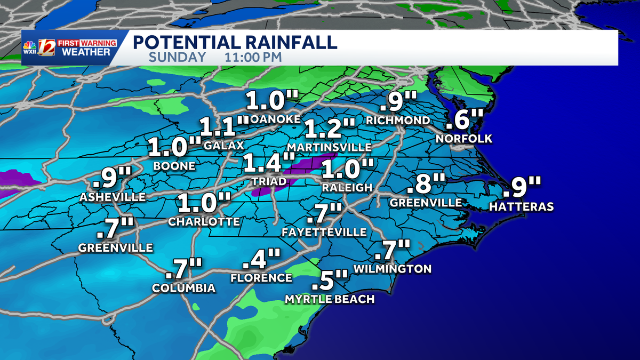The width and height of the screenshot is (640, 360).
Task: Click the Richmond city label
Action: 397,121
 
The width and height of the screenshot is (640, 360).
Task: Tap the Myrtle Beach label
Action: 330,299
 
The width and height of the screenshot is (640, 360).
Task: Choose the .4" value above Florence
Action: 261,260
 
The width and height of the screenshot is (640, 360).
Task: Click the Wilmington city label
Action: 392,268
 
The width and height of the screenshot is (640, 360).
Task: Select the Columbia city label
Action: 183,288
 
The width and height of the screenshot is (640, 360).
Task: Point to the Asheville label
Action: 112,197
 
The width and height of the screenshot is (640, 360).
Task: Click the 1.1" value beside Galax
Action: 224,126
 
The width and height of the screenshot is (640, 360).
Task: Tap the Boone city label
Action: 174,166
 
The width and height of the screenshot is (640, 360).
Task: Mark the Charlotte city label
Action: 204,221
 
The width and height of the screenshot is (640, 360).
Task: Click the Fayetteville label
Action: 324,232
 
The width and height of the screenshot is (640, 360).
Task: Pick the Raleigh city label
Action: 347,187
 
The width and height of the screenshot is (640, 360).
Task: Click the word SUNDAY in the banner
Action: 177,57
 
